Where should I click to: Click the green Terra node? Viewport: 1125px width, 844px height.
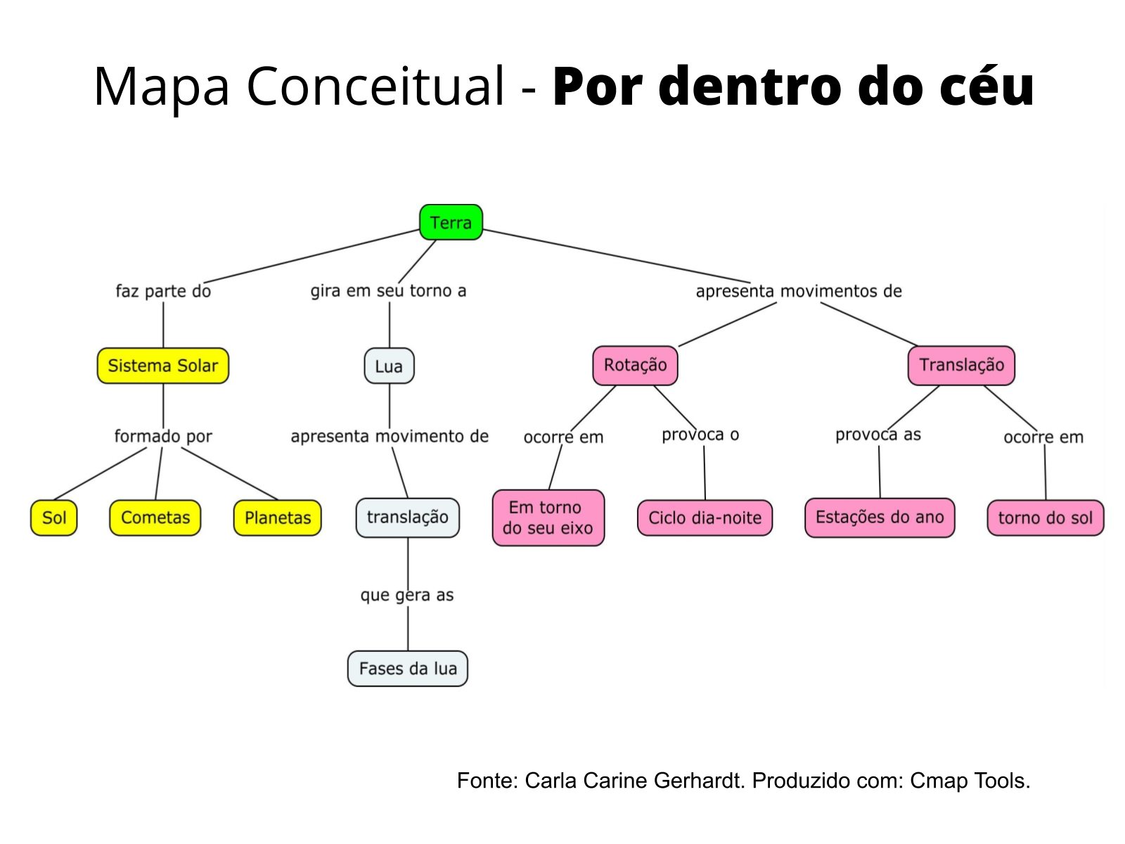pos(451,222)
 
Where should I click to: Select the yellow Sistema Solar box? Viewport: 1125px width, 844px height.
pos(163,366)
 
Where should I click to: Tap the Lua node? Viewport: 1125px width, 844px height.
pos(389,366)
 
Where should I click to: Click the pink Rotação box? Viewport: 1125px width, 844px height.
pos(635,365)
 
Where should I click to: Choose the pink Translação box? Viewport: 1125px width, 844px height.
pos(961,365)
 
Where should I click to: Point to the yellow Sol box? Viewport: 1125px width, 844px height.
pos(54,518)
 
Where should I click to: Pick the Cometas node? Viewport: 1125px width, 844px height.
pos(155,518)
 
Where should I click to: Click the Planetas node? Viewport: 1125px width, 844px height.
pos(278,518)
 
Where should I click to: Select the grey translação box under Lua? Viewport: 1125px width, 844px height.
pos(408,518)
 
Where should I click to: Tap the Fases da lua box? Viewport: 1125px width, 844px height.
pos(408,668)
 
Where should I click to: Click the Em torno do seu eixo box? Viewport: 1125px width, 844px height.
pos(548,518)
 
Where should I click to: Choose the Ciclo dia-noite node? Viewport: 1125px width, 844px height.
pos(705,518)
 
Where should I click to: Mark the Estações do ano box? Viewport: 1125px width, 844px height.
pos(880,518)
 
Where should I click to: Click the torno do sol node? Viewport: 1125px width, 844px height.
pos(1046,518)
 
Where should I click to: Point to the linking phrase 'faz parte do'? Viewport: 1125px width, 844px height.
pos(163,291)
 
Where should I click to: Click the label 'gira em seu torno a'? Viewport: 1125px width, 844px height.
pos(388,291)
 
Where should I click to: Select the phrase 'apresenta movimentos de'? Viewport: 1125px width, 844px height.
pos(799,291)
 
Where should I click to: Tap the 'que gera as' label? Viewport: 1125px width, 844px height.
pos(407,595)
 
